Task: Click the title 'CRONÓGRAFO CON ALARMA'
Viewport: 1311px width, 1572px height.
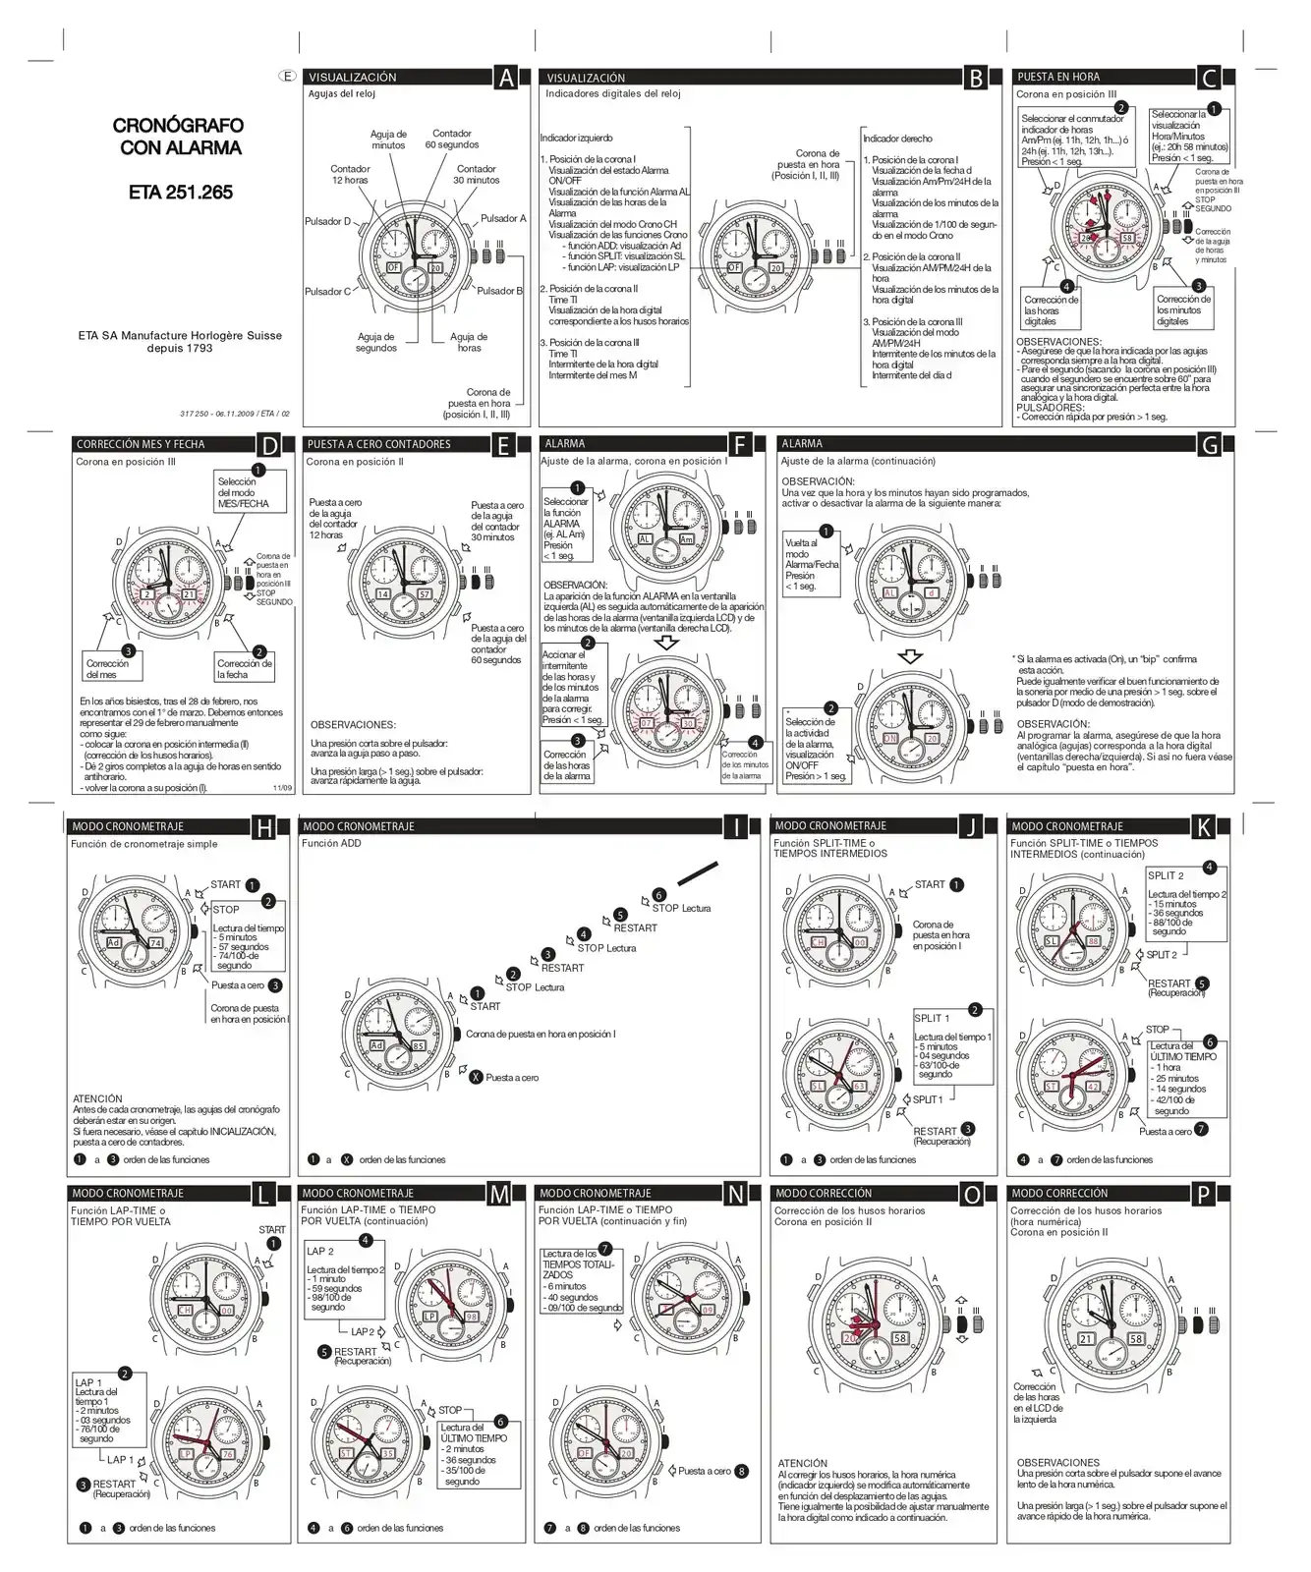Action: pos(177,137)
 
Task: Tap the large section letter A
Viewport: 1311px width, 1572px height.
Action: pos(505,78)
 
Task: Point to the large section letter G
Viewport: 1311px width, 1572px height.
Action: pos(1210,445)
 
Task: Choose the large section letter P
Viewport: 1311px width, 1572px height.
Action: pos(1204,1195)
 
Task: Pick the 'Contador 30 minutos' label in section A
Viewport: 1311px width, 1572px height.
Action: pos(477,175)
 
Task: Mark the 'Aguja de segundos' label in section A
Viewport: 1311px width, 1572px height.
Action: pos(376,342)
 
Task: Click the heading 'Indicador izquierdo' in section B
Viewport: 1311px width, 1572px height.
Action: pos(576,139)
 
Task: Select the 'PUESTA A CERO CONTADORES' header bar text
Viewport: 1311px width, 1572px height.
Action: pos(379,445)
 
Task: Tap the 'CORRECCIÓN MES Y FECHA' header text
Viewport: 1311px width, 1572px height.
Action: pos(141,445)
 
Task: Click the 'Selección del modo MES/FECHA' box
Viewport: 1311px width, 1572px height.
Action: pos(251,492)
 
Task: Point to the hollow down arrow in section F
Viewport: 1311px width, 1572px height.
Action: pos(667,643)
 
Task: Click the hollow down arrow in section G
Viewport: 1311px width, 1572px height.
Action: pos(910,655)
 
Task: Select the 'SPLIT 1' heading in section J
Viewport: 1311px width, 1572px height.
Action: pos(932,1018)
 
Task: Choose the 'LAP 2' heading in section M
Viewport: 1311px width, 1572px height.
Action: pos(320,1251)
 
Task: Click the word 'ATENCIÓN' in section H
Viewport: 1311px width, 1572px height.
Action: pos(97,1098)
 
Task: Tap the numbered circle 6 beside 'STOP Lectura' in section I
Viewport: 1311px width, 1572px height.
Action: pos(659,895)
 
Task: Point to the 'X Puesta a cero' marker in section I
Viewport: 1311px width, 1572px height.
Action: pos(477,1078)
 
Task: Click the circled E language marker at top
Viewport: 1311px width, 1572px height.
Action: pos(286,76)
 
